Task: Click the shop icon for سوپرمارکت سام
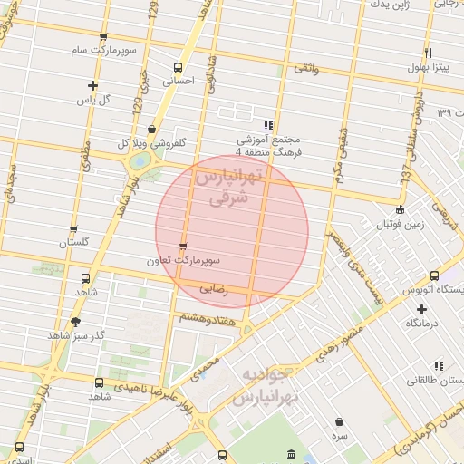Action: pos(102,38)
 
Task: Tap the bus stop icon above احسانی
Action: pos(178,67)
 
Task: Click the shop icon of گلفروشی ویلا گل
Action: pos(150,130)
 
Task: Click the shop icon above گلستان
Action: pos(73,229)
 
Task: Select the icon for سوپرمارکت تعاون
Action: pos(184,246)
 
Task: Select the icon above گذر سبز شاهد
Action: pos(75,321)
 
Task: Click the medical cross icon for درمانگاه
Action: pos(421,309)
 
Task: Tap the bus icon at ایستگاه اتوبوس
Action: pos(434,275)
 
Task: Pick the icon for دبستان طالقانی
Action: pos(439,366)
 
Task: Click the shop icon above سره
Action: pos(339,421)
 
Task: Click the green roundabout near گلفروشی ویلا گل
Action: pos(140,162)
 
